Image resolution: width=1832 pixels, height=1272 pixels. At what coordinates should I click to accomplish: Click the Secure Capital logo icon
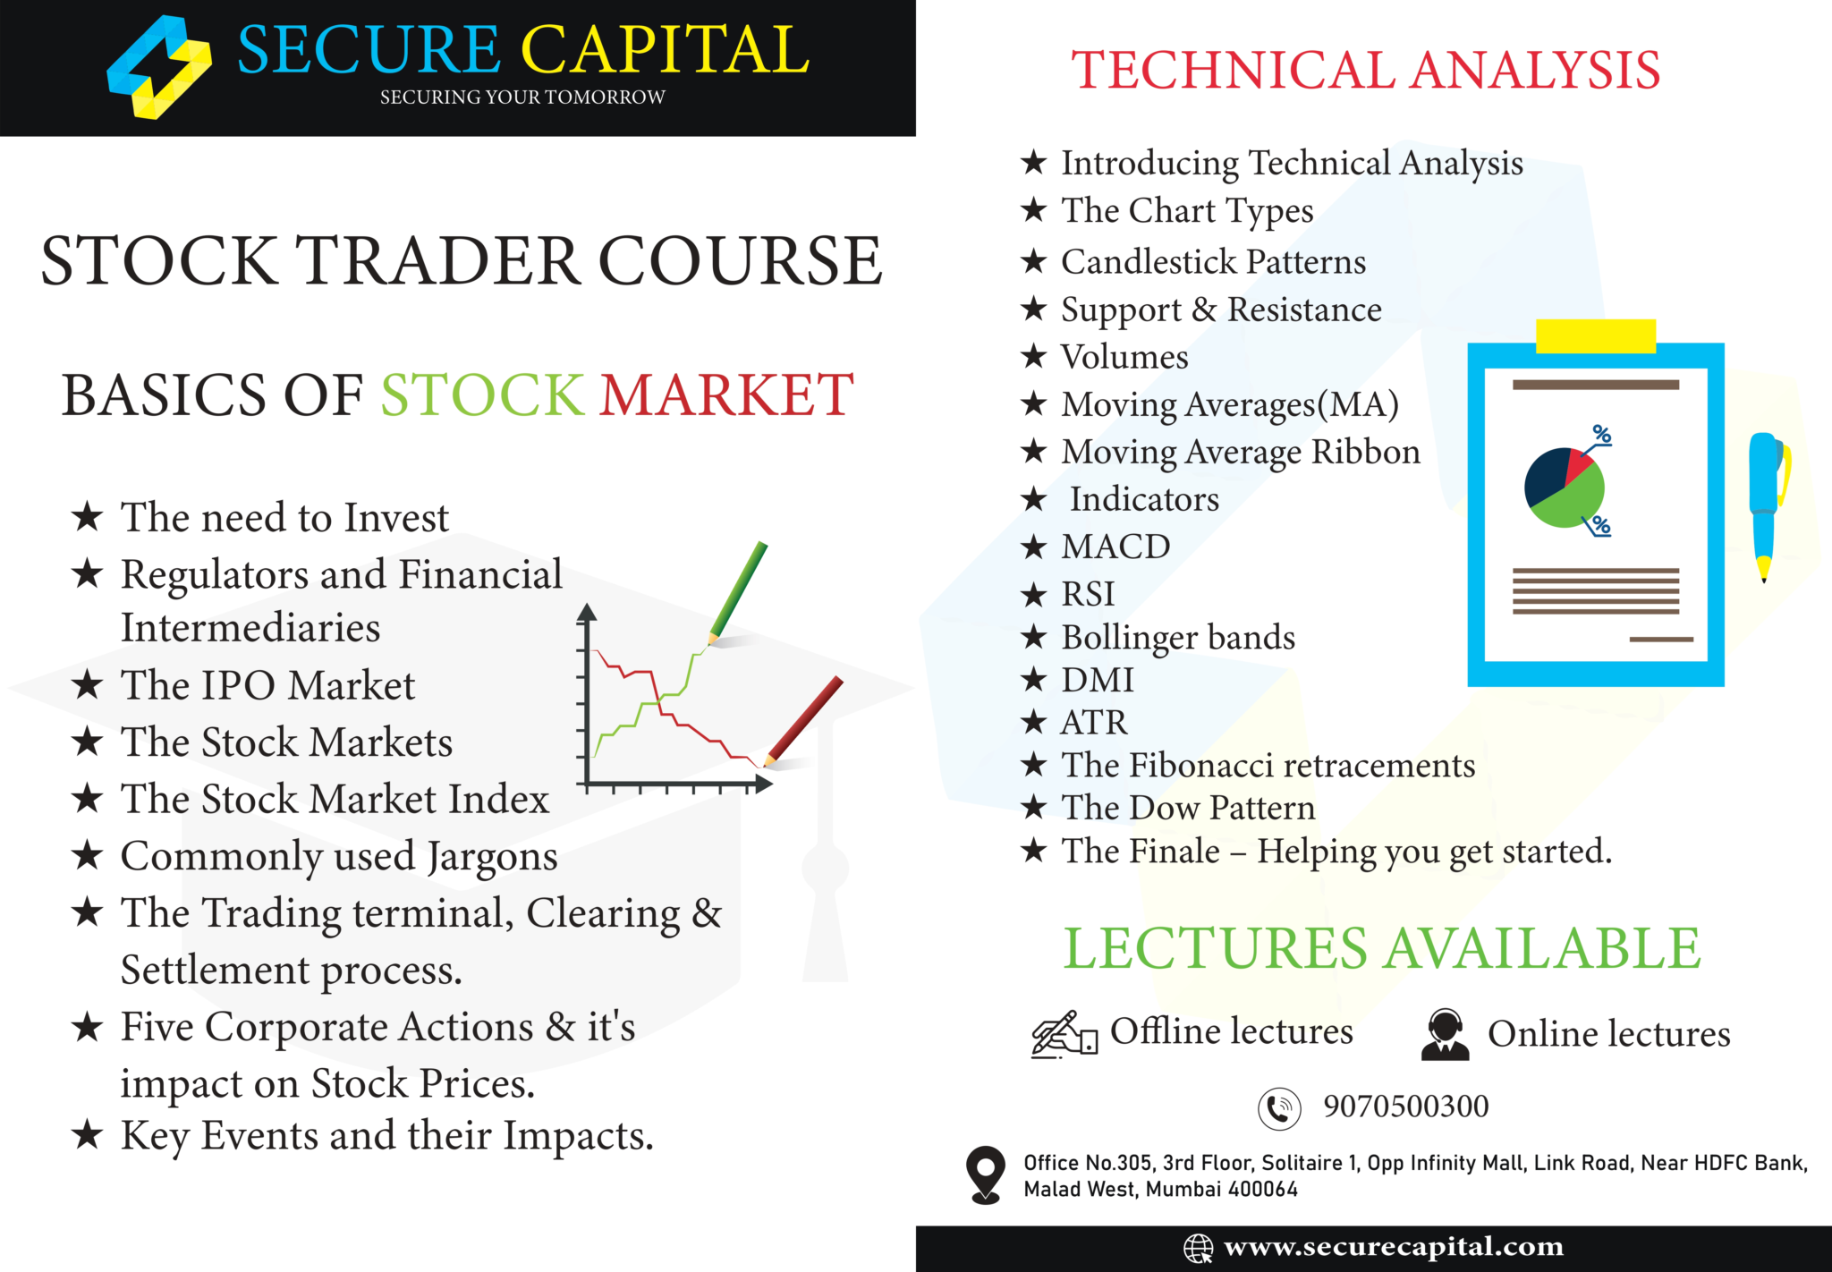(159, 68)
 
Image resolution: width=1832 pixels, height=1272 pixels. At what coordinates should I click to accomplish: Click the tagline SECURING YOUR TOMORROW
(522, 98)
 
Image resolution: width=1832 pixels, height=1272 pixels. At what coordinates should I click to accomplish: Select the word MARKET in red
(725, 394)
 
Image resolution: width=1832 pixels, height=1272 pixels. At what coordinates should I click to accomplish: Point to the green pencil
(738, 591)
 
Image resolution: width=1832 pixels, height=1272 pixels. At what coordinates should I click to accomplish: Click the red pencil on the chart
(805, 720)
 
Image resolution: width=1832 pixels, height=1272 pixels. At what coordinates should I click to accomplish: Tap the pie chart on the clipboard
(1564, 488)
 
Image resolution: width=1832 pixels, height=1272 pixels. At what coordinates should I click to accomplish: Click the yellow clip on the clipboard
(1595, 335)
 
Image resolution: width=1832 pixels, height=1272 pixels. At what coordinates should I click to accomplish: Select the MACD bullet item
(1115, 547)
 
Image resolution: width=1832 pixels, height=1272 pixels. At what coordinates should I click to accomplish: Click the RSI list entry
(1088, 594)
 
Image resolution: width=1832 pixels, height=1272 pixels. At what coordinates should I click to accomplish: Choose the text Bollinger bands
(1177, 638)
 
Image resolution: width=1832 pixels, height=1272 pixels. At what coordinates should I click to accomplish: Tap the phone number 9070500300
(1405, 1107)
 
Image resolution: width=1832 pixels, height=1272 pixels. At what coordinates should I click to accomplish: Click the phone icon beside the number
(1279, 1109)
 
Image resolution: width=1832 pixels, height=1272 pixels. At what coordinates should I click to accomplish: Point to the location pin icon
(986, 1174)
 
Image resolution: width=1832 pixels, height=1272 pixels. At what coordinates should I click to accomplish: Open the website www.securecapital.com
(1393, 1247)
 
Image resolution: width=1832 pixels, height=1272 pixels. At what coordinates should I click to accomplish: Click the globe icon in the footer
(1198, 1248)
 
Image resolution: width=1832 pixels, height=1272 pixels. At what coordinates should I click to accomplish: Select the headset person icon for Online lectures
(1445, 1035)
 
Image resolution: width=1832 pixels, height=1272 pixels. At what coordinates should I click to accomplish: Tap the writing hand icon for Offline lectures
(1063, 1035)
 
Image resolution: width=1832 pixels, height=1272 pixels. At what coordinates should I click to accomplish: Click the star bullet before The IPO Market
(88, 686)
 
